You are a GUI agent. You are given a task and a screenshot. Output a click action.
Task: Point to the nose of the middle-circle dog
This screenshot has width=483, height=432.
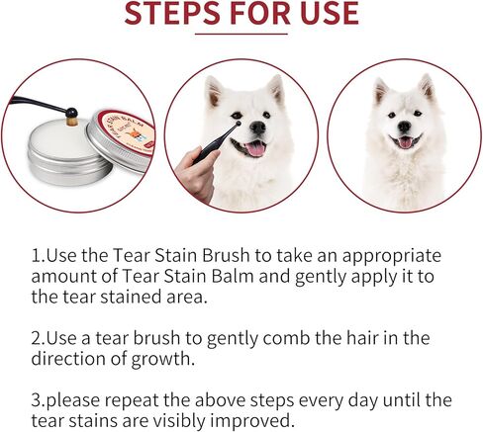click(x=257, y=128)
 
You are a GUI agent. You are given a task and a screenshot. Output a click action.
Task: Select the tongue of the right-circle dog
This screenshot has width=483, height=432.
click(x=405, y=143)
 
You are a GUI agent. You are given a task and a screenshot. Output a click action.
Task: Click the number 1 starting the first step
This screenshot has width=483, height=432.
click(x=35, y=255)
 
